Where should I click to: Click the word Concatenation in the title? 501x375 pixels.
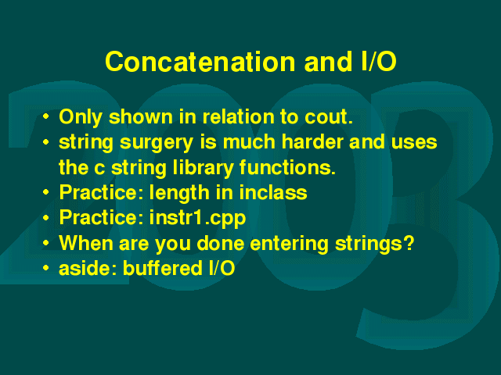[200, 62]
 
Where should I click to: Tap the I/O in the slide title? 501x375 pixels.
[379, 61]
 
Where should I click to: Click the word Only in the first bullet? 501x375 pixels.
[81, 118]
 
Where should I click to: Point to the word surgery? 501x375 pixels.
[157, 143]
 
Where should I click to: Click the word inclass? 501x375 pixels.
[273, 192]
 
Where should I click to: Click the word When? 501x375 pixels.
[86, 243]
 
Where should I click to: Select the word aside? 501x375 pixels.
[88, 268]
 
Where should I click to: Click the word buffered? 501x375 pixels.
[163, 268]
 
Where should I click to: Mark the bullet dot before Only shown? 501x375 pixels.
[46, 116]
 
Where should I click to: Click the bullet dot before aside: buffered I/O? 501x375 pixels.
[46, 268]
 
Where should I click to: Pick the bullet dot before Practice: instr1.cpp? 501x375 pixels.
[46, 217]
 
